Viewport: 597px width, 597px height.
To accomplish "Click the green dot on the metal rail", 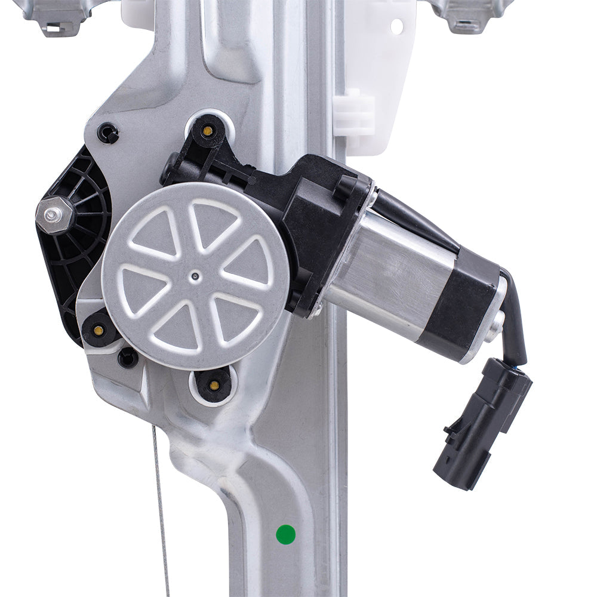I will pyautogui.click(x=286, y=534).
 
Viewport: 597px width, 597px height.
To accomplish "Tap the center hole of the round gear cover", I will pyautogui.click(x=195, y=276).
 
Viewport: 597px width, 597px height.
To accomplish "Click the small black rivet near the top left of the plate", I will pyautogui.click(x=108, y=133).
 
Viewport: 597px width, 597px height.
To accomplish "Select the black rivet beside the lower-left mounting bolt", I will pyautogui.click(x=128, y=358).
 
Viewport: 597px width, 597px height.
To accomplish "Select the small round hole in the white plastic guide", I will pyautogui.click(x=396, y=26).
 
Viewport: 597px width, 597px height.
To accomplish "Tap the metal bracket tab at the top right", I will pyautogui.click(x=472, y=15).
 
